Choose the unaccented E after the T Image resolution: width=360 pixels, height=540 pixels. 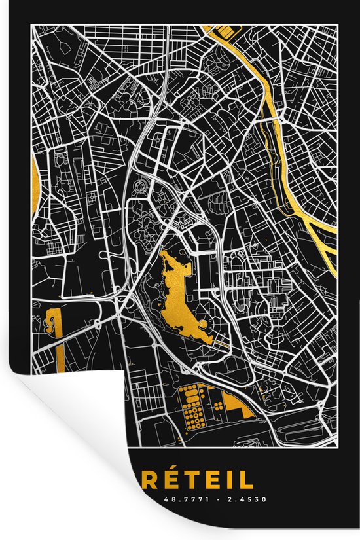[x=219, y=481]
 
